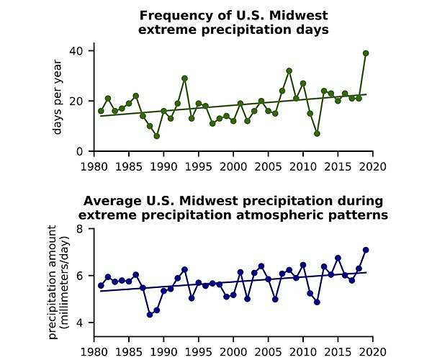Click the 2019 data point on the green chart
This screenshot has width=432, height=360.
point(366,53)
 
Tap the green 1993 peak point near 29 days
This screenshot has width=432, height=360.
point(184,78)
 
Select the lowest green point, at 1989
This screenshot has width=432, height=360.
point(156,136)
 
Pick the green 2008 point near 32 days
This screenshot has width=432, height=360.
point(289,71)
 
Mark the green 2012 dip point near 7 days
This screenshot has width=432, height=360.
point(317,133)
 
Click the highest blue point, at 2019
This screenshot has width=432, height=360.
point(366,250)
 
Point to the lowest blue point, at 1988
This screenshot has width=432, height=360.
point(150,315)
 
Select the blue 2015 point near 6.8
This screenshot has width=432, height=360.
point(338,258)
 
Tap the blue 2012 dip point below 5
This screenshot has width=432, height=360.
point(317,302)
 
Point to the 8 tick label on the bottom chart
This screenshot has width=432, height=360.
point(81,229)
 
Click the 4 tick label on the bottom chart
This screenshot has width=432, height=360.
point(81,323)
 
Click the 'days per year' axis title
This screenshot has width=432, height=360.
point(58,101)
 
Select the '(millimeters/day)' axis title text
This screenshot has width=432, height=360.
point(64,276)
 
